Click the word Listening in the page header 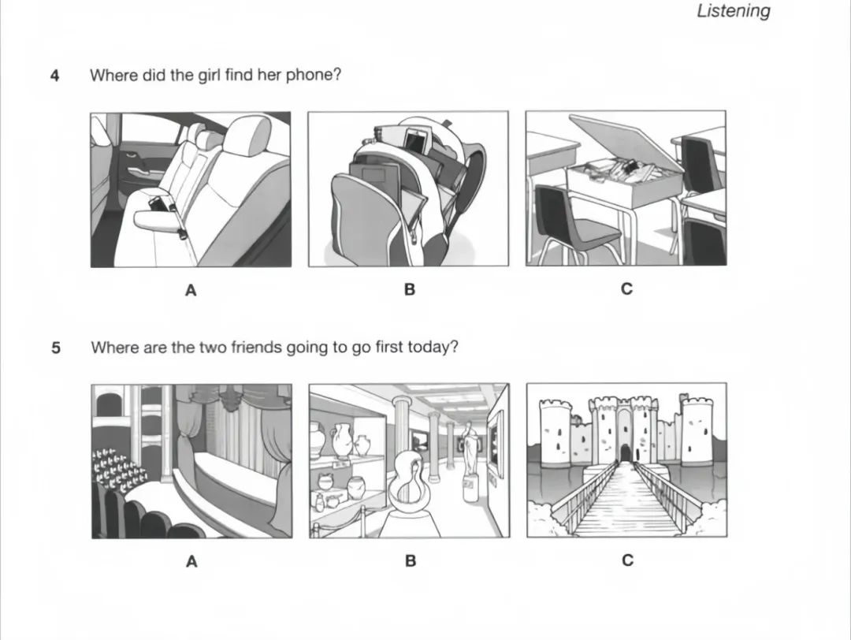tap(734, 11)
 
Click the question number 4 tap(55, 76)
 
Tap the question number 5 tap(56, 348)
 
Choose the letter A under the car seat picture tap(191, 290)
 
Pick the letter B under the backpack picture tap(409, 290)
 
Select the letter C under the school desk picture tap(626, 288)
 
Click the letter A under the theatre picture tap(191, 561)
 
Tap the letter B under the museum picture tap(411, 560)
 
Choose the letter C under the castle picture tap(627, 560)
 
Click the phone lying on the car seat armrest tap(156, 205)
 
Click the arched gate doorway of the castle tap(626, 452)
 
